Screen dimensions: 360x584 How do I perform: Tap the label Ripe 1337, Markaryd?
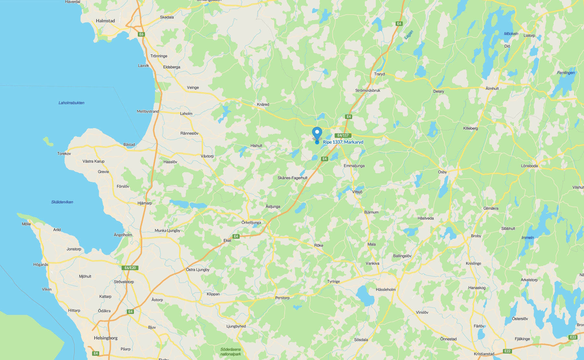click(x=343, y=142)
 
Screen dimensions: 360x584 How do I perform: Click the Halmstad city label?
click(x=105, y=21)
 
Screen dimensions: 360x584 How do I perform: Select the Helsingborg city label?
click(x=106, y=338)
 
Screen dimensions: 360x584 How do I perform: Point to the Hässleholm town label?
click(x=386, y=290)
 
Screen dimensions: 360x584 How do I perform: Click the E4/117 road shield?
click(x=343, y=135)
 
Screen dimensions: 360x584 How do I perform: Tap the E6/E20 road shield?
click(x=130, y=268)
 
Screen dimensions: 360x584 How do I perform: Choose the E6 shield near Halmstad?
click(x=141, y=34)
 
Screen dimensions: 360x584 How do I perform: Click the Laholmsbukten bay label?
click(x=71, y=103)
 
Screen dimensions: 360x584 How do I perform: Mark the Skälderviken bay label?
click(x=62, y=202)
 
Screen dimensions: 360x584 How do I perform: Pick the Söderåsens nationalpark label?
click(x=231, y=352)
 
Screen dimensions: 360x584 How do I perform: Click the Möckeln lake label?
click(x=511, y=34)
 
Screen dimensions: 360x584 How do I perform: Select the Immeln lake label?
click(x=528, y=238)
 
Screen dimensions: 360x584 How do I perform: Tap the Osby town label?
click(x=442, y=172)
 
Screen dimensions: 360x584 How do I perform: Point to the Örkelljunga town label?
click(x=251, y=222)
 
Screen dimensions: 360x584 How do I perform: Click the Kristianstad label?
click(x=484, y=354)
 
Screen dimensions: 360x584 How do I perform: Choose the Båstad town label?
click(x=129, y=145)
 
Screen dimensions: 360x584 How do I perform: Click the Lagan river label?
click(x=409, y=35)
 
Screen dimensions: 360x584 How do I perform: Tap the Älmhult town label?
click(x=492, y=89)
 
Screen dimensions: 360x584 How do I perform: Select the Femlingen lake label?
click(x=566, y=73)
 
